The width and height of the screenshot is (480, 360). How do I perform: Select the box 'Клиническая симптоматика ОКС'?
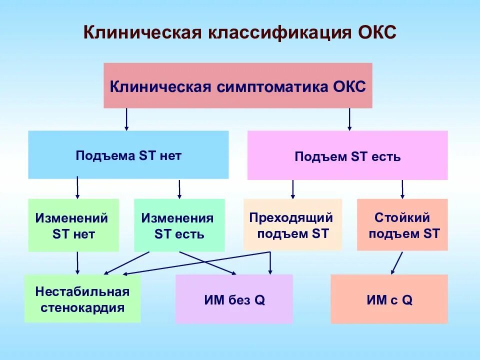click(238, 85)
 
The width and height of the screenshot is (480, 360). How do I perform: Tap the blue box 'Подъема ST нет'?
click(128, 155)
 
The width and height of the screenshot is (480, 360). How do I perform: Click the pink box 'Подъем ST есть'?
click(347, 156)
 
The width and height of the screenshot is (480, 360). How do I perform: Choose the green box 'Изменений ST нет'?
click(73, 225)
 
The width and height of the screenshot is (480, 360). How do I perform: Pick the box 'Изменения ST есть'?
click(179, 225)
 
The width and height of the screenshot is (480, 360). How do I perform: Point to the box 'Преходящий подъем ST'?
click(292, 224)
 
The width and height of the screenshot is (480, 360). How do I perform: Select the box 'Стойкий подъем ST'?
click(402, 224)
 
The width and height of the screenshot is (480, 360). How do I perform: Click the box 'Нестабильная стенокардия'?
click(82, 299)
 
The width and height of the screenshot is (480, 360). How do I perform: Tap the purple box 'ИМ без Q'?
click(234, 299)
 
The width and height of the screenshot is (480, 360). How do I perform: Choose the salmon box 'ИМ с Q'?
click(389, 299)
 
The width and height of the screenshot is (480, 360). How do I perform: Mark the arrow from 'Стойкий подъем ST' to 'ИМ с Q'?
click(397, 263)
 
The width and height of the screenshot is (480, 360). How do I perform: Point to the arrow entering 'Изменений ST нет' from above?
click(77, 188)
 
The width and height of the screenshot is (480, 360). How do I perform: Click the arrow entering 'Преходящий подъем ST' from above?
click(293, 189)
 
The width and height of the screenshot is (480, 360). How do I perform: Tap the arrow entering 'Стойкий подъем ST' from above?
click(402, 189)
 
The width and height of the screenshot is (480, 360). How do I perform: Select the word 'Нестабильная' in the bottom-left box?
click(82, 291)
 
